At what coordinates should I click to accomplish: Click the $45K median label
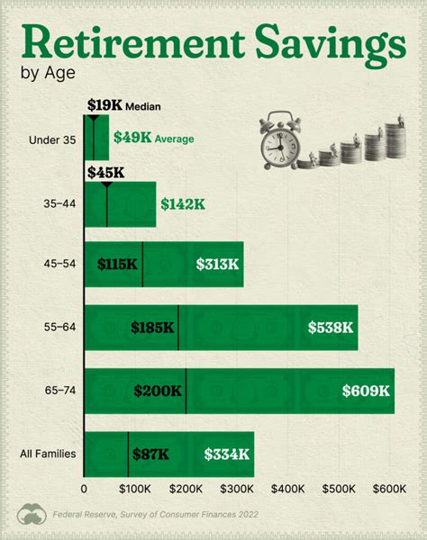point(104,170)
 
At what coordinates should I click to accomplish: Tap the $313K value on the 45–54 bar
point(217,265)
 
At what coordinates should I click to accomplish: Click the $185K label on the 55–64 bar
point(152,328)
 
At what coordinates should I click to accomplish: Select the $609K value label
point(365,391)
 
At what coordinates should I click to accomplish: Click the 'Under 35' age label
point(53,139)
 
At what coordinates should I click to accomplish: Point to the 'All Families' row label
point(48,454)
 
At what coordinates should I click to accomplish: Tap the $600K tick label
point(392,489)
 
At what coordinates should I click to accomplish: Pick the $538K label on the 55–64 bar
point(331,328)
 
